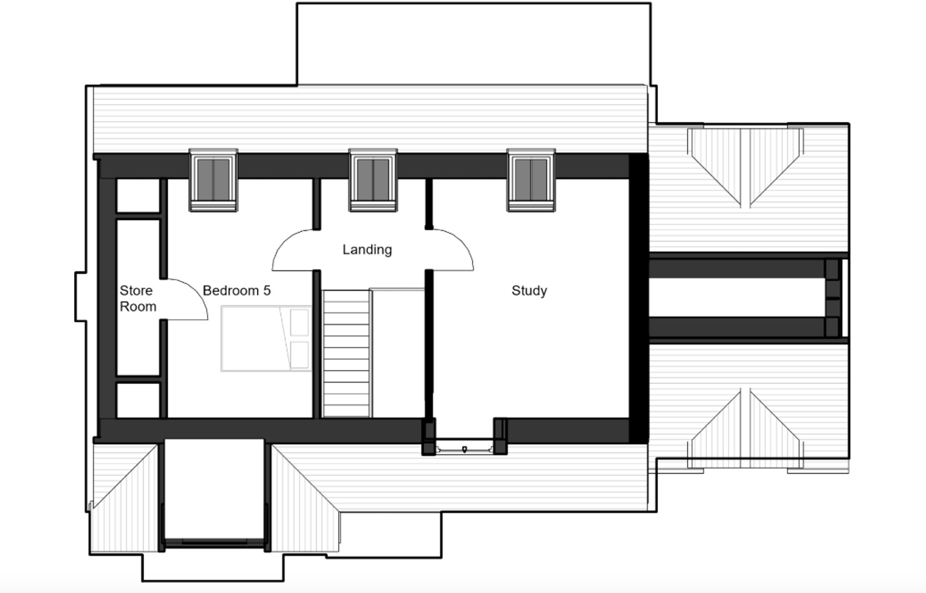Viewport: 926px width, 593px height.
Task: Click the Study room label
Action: point(529,290)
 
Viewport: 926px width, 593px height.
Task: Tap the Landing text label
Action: point(367,250)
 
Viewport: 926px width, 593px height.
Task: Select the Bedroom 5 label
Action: point(237,290)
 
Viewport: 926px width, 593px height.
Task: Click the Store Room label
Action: point(138,298)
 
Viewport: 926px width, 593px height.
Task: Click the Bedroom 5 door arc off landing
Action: point(294,250)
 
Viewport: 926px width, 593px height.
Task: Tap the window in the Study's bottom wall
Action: point(464,448)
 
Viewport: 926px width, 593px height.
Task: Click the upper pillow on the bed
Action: point(299,322)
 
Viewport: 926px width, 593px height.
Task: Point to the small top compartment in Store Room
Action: point(138,196)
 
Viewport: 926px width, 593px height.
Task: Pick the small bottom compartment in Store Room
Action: point(138,399)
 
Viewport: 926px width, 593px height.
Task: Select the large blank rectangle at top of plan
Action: point(473,44)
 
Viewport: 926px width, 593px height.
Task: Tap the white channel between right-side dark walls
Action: point(736,297)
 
